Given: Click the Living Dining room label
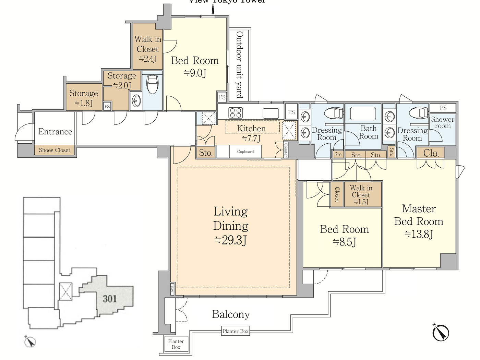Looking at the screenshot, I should [230, 225].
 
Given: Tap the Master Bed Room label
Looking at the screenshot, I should [419, 221].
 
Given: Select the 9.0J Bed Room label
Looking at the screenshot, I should [195, 67].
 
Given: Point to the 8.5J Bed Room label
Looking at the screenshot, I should [344, 235].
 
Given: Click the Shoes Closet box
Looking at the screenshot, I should [55, 150].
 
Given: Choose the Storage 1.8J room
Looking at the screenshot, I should [83, 98].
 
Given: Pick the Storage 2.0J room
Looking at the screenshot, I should [121, 80].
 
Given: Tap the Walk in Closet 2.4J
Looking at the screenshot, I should [147, 49].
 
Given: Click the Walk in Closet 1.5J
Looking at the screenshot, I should [361, 194].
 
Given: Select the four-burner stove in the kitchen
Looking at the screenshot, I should [236, 112].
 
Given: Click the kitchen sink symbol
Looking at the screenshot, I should [271, 113].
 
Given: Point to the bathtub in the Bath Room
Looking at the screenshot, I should [363, 113].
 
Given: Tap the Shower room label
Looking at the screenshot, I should [443, 122].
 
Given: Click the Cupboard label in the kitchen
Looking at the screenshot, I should [245, 152].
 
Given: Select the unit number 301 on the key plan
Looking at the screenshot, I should [110, 299].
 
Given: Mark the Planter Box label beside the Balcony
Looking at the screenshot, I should [236, 331].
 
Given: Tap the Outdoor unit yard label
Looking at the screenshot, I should [240, 65].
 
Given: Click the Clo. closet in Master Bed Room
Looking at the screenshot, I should [431, 153].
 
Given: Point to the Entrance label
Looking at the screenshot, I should [55, 132].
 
